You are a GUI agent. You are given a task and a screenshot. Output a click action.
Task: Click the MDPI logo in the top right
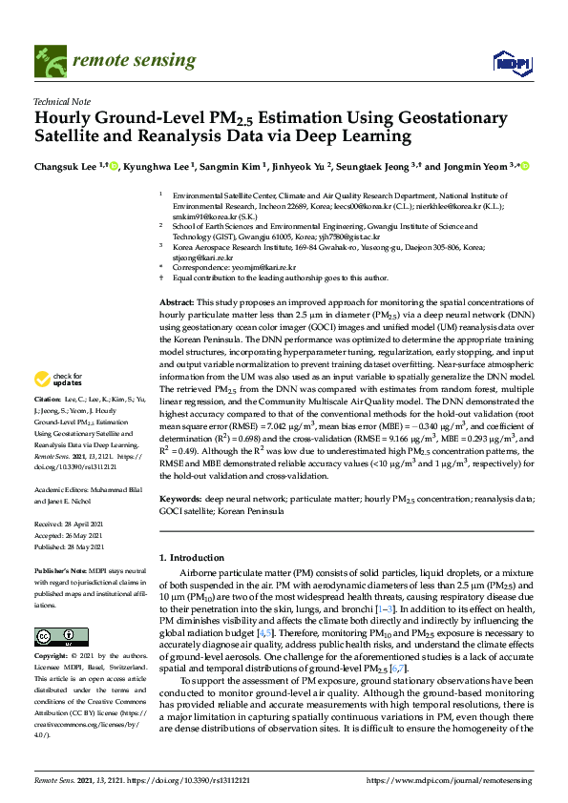(511, 63)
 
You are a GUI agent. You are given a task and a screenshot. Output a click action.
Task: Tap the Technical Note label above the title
(62, 100)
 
